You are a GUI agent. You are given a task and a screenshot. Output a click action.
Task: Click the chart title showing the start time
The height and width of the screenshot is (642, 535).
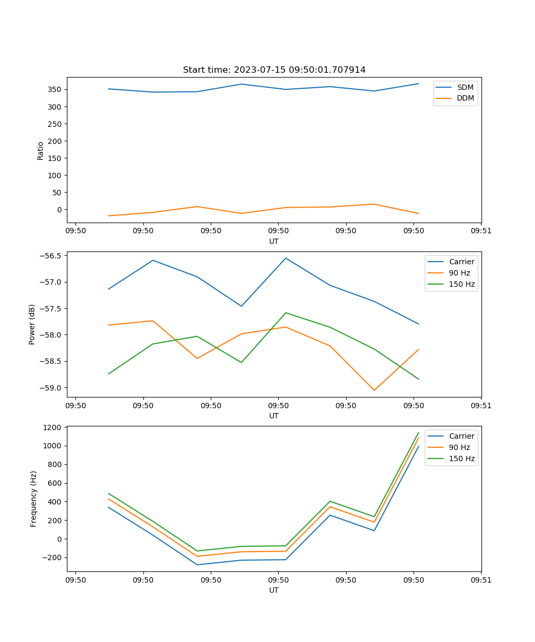click(274, 70)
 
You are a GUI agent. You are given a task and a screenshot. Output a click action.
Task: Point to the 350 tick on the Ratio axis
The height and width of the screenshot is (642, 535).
click(56, 89)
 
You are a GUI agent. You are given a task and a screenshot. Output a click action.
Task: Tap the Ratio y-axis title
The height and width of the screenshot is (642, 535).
click(41, 150)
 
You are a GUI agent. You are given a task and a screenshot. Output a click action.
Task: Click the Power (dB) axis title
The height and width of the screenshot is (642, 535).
click(32, 324)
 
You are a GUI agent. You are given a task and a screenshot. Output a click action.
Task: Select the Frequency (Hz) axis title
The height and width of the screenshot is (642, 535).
click(34, 499)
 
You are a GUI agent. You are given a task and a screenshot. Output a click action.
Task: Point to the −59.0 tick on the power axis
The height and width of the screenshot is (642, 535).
click(51, 388)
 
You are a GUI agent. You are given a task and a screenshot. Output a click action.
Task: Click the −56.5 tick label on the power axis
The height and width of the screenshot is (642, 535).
click(51, 256)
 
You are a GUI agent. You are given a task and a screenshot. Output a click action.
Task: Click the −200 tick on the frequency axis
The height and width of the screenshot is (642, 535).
click(52, 557)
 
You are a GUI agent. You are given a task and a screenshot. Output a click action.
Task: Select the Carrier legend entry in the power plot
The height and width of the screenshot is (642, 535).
click(461, 262)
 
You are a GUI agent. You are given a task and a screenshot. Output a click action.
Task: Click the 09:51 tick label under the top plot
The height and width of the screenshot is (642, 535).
click(481, 231)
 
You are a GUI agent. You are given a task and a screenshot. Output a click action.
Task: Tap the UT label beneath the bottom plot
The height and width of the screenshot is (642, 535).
click(274, 590)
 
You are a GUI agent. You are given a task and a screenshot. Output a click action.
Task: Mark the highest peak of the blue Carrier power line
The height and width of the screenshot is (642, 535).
click(286, 258)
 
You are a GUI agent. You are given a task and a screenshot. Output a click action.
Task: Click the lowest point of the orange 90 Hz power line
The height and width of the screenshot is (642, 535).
click(374, 390)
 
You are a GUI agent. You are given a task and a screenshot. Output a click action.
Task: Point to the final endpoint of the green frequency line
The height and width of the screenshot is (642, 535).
click(418, 432)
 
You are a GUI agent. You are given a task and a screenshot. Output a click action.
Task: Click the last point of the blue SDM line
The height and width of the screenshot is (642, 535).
click(418, 83)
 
